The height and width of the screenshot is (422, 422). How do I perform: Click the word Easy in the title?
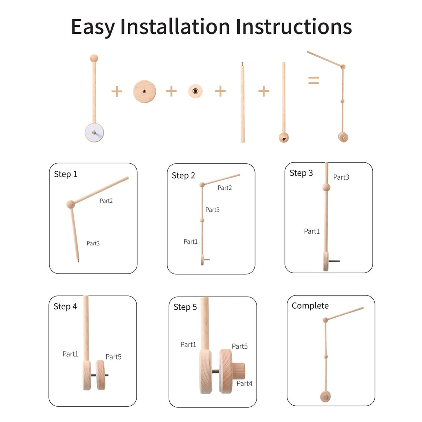(93, 27)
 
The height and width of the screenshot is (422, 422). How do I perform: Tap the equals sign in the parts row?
(314, 80)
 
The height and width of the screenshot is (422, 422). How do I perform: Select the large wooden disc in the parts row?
(144, 91)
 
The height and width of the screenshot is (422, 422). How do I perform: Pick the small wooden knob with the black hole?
(195, 91)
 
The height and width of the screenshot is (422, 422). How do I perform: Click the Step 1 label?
(65, 174)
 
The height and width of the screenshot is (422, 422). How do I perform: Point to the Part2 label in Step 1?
(106, 201)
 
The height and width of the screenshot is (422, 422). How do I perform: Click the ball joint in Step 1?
(71, 204)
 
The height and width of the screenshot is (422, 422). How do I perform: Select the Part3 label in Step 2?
(212, 210)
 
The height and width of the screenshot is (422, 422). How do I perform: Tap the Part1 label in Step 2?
(190, 242)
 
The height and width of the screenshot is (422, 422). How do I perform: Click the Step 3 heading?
(301, 173)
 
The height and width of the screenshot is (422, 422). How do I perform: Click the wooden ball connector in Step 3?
(326, 187)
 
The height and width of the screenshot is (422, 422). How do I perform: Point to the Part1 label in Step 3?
(312, 231)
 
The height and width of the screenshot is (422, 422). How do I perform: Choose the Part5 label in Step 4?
(113, 357)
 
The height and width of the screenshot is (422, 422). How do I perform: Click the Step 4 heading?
(65, 307)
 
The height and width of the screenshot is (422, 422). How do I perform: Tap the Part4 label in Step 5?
(244, 383)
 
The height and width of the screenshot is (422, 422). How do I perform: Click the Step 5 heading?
(185, 307)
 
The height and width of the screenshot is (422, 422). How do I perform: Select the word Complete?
(310, 306)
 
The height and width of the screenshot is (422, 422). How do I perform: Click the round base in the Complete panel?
(325, 397)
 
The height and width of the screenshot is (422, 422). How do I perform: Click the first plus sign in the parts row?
(117, 92)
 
